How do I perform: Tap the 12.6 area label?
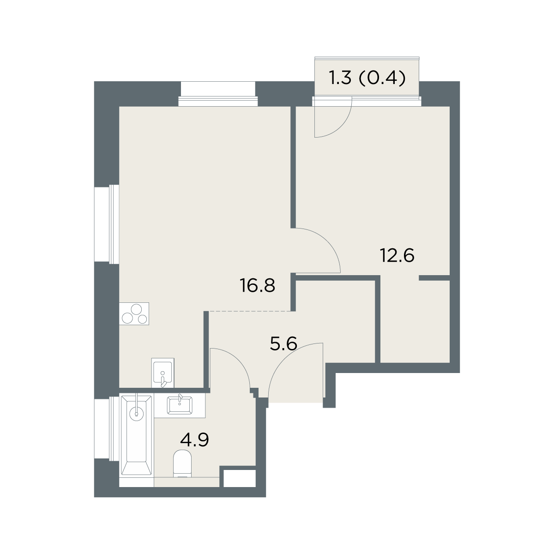(397, 255)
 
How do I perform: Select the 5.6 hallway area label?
(283, 343)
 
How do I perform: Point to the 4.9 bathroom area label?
(195, 440)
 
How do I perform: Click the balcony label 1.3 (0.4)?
(367, 78)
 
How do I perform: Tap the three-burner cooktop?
(134, 313)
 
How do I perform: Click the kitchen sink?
(163, 373)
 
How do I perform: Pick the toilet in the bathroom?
(182, 463)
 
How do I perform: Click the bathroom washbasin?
(180, 406)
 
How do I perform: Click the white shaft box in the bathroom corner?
(240, 479)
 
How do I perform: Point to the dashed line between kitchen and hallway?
(250, 311)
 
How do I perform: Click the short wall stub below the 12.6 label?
(434, 278)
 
